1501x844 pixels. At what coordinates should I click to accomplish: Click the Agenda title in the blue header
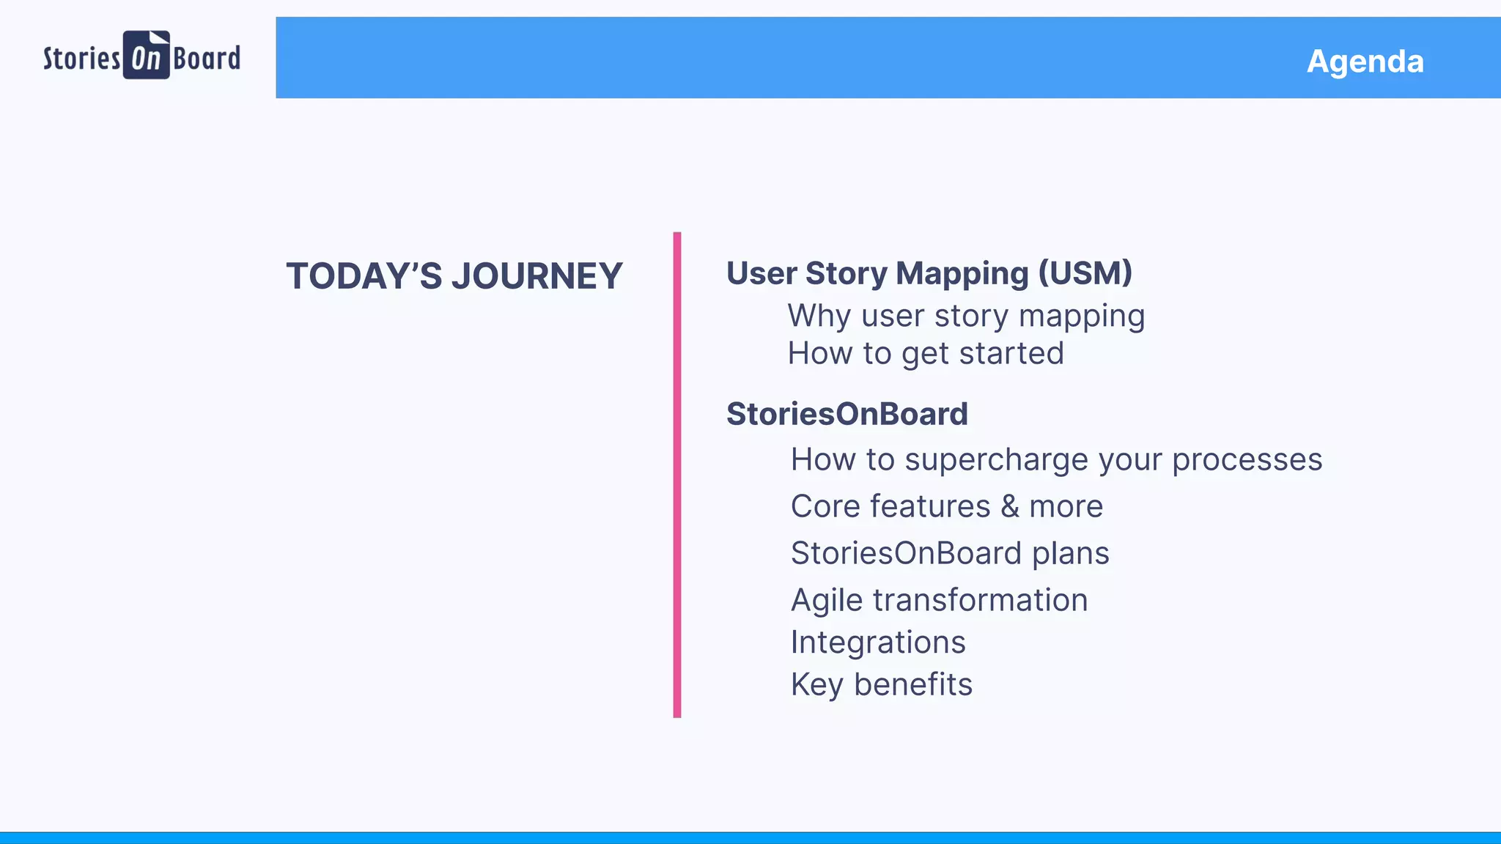(1365, 61)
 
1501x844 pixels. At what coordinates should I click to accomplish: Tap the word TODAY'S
(364, 276)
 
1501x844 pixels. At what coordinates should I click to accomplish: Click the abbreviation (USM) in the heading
(1085, 273)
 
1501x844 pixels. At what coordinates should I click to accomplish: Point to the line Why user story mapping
(965, 316)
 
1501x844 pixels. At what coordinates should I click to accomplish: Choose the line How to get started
(925, 354)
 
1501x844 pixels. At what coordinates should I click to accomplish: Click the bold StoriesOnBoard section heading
(847, 414)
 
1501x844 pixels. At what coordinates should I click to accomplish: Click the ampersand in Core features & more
(1010, 506)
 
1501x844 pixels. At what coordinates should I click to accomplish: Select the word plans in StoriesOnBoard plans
(1070, 553)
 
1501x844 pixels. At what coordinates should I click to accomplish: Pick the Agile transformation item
(939, 600)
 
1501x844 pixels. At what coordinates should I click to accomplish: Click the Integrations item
(877, 643)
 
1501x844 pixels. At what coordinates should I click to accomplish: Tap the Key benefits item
(881, 685)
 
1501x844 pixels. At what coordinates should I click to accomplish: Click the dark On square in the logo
(146, 56)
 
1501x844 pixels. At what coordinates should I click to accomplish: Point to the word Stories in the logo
(81, 58)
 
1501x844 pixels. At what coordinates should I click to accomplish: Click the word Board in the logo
(207, 58)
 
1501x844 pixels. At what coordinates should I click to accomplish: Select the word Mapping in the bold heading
(962, 273)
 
